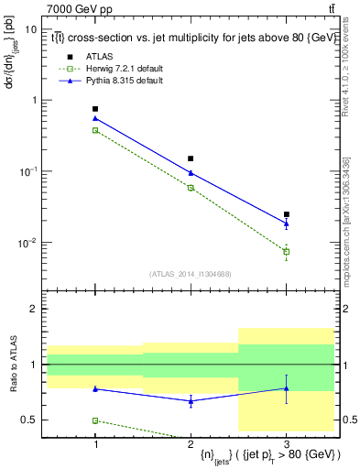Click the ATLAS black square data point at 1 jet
95,109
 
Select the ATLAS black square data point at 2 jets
191,158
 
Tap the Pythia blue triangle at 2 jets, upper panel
191,172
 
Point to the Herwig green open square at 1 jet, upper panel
95,130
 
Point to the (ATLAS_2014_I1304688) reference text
191,274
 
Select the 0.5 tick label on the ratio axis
30,420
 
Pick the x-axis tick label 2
191,444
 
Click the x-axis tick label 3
286,444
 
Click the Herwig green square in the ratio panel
95,420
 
